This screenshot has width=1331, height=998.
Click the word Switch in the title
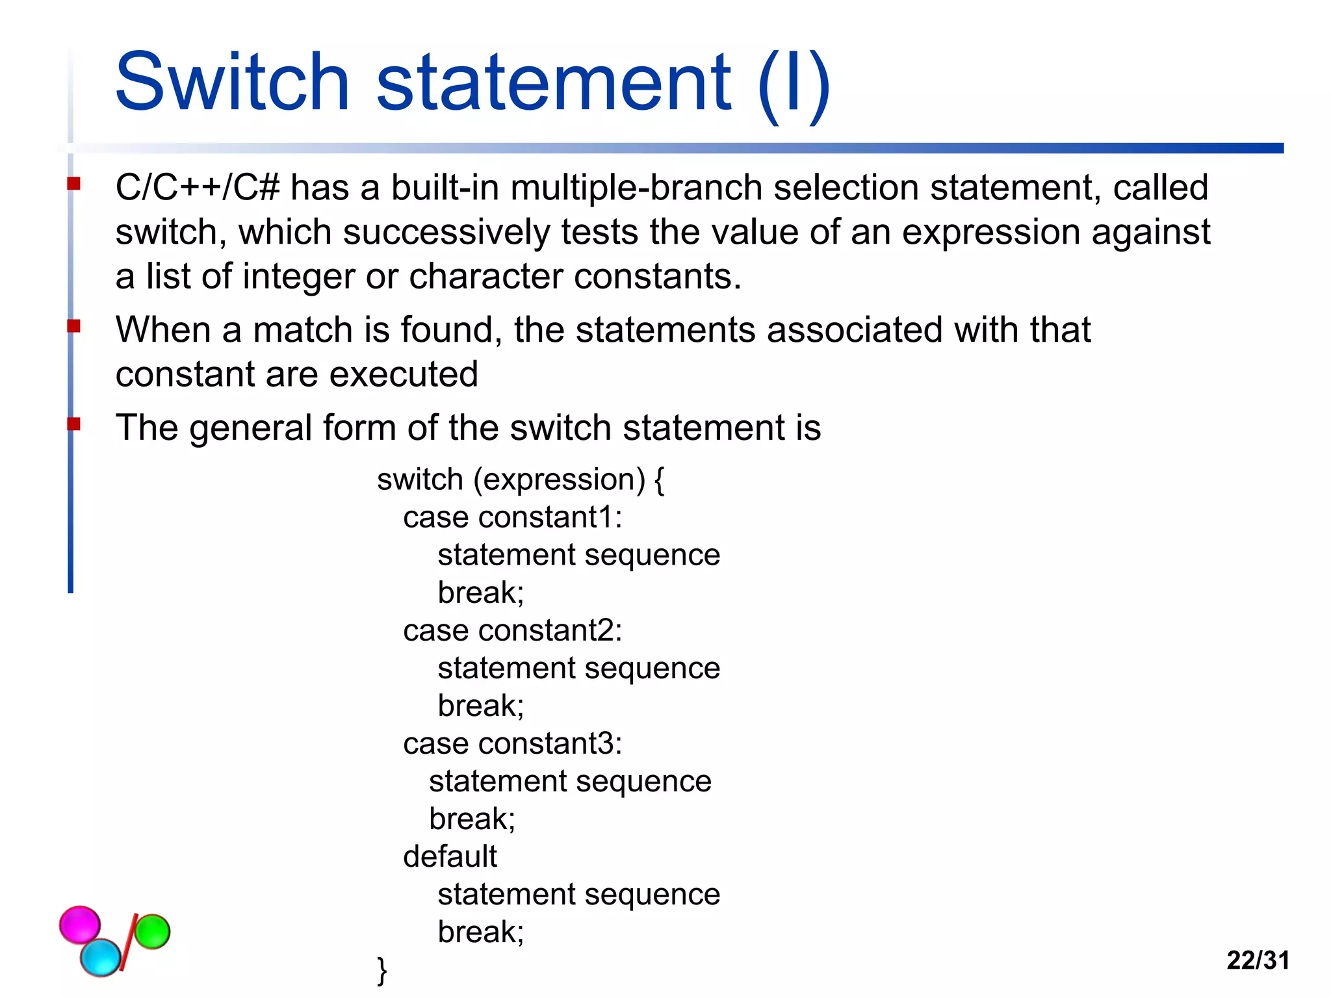click(x=233, y=83)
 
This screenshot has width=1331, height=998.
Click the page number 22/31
click(x=1258, y=960)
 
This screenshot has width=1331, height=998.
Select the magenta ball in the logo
click(x=80, y=924)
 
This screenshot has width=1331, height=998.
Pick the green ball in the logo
click(x=152, y=931)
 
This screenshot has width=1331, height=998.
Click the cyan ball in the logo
click(x=101, y=957)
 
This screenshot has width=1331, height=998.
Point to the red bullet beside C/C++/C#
click(x=73, y=184)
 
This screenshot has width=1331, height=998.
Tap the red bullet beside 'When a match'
click(x=73, y=326)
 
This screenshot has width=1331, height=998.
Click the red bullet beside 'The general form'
click(x=73, y=424)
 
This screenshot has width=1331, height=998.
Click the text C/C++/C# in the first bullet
click(x=198, y=188)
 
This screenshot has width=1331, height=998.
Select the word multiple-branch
click(x=636, y=188)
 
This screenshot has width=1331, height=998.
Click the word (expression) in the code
click(x=559, y=480)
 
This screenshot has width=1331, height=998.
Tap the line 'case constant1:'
click(x=512, y=518)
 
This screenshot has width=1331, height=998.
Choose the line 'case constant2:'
click(x=512, y=631)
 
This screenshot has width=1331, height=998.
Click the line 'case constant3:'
click(x=512, y=744)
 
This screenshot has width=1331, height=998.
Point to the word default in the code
click(x=450, y=856)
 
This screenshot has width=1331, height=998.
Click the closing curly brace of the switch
click(x=382, y=971)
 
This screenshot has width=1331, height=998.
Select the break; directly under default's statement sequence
click(x=480, y=932)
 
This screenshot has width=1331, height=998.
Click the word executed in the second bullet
click(x=403, y=375)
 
